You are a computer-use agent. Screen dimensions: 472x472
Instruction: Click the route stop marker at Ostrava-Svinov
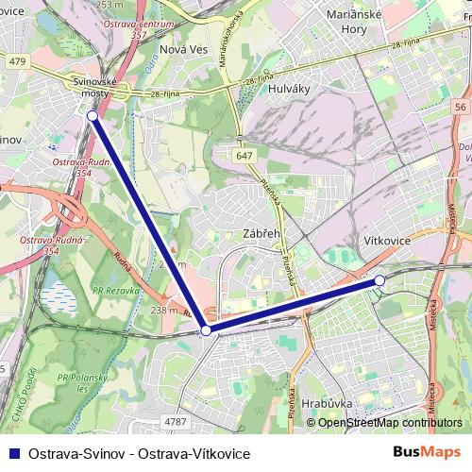click(92, 115)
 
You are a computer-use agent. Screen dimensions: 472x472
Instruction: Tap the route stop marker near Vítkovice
click(379, 280)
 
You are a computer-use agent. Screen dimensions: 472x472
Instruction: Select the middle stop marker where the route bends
click(206, 330)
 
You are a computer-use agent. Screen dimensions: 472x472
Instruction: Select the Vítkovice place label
click(387, 241)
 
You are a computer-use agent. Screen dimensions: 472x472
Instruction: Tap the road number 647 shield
click(245, 155)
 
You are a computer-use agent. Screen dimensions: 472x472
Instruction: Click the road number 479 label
click(16, 60)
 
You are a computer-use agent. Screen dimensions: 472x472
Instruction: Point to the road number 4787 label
click(176, 422)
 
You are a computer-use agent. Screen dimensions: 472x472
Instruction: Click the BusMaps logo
click(428, 453)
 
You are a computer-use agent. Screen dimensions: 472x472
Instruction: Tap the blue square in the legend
click(13, 453)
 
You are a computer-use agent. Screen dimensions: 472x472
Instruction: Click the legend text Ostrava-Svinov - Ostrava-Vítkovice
click(140, 454)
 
